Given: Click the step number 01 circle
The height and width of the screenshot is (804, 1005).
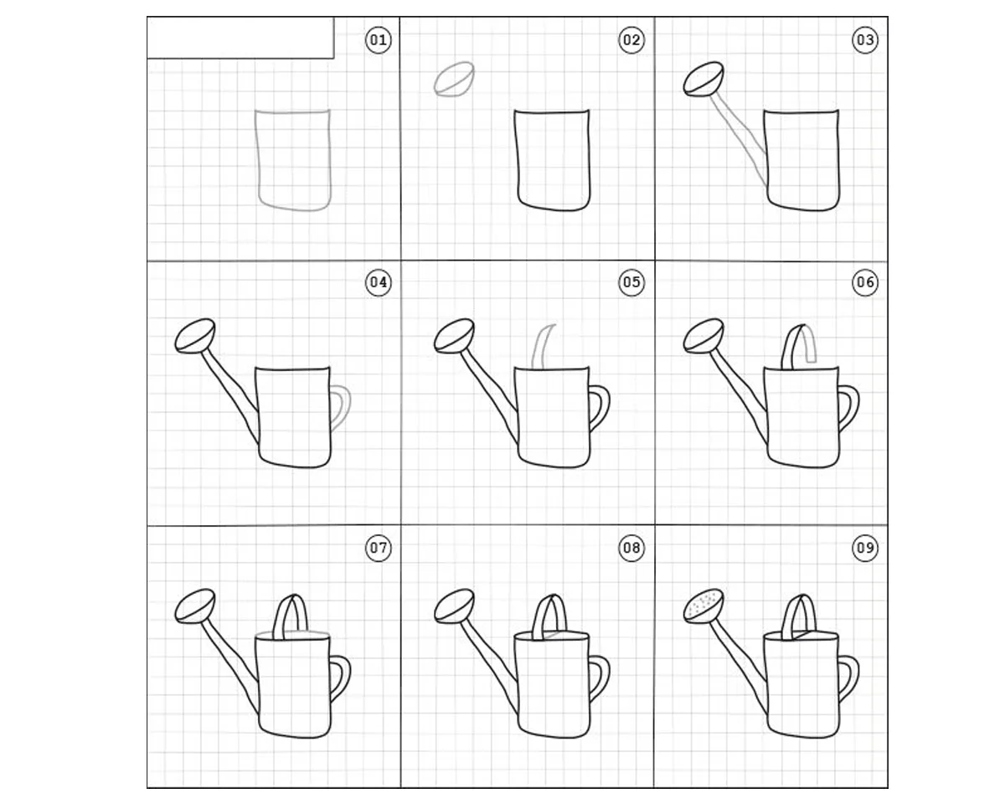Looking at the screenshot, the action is click(x=378, y=40).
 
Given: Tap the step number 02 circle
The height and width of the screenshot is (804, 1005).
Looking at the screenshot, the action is click(x=631, y=40).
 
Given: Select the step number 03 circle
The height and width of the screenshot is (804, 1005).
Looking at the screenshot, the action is click(x=865, y=40).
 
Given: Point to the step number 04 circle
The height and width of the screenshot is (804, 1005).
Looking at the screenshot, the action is click(x=378, y=282).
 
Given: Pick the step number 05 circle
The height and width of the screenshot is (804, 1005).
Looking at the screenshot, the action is click(x=631, y=282).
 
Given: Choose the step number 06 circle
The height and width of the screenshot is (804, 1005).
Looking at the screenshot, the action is click(x=865, y=282).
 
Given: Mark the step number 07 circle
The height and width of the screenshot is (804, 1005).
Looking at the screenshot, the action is click(x=378, y=548).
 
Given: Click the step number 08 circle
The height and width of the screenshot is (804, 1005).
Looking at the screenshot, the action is click(x=631, y=548).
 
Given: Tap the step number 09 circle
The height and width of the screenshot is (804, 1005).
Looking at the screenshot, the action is click(x=865, y=548).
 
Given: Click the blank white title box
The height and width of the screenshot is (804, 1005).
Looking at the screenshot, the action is click(x=240, y=38).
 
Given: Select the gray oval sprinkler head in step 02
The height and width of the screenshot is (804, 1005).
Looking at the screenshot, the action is click(x=454, y=80).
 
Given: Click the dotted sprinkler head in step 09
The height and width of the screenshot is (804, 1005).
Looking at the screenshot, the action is click(x=703, y=606).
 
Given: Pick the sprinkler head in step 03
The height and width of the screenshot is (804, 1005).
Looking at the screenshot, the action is click(x=703, y=80).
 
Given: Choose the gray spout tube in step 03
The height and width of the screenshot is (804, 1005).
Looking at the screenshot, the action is click(x=738, y=140).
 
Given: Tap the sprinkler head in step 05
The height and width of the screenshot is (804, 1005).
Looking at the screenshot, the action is click(x=454, y=336).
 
